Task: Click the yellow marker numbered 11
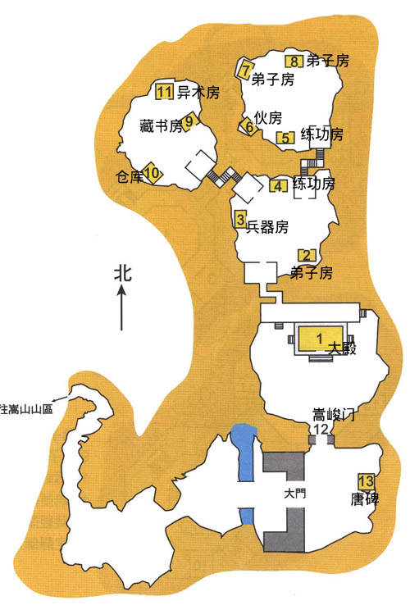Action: click(164, 92)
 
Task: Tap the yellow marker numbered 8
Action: click(294, 61)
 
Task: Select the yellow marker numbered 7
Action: click(245, 69)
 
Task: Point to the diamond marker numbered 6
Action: click(248, 127)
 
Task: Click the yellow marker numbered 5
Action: click(285, 138)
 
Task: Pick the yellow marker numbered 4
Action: click(279, 186)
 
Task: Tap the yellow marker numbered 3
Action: click(240, 218)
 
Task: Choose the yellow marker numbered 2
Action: click(307, 256)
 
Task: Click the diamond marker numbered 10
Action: click(152, 173)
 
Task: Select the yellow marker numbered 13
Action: click(366, 481)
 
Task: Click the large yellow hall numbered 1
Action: click(320, 338)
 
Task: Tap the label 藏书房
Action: click(161, 126)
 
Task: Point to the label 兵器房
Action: click(267, 226)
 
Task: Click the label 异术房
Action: click(198, 92)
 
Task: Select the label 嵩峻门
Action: click(334, 415)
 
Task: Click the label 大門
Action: click(295, 494)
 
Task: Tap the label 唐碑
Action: click(364, 499)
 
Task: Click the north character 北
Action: click(123, 274)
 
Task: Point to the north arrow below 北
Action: click(121, 307)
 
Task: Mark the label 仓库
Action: click(130, 177)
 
